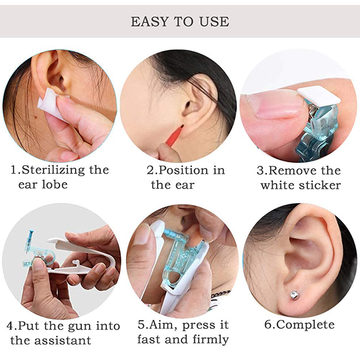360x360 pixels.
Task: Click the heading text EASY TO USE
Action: (180, 21)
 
